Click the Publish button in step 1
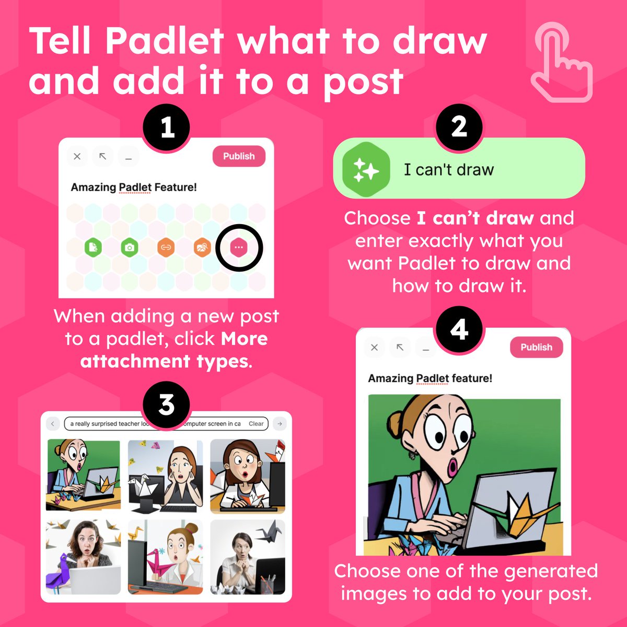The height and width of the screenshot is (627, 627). point(239,156)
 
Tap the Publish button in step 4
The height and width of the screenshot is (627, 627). point(536,347)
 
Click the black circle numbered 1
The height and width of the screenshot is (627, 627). point(167,127)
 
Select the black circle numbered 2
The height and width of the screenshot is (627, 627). point(459,127)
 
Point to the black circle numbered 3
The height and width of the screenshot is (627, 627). point(166,404)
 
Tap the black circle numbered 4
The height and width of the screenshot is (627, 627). point(459,330)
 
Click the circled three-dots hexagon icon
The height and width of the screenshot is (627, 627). point(239,247)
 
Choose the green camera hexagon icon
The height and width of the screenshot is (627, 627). point(130,247)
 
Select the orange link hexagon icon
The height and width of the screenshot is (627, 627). point(166,247)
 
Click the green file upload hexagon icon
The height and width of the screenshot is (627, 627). point(93,247)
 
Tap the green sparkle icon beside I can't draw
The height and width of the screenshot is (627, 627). point(366,170)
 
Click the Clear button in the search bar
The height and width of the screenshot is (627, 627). point(256,424)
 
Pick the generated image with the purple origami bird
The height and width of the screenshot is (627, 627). point(83,557)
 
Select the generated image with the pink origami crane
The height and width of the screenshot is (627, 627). point(165,557)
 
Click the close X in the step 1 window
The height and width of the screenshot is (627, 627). point(77,156)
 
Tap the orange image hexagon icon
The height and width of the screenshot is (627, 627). point(202,247)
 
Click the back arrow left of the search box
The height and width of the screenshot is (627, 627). point(53,424)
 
